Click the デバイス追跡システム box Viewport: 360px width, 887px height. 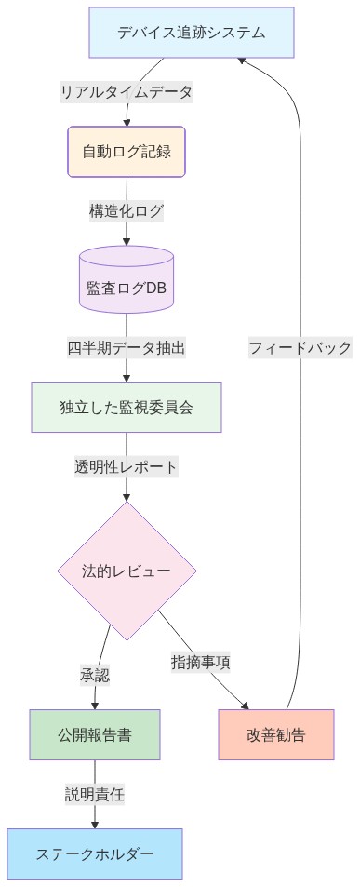pos(192,33)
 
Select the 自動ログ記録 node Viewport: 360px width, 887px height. pos(127,151)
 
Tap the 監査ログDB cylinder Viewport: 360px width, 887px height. pos(127,288)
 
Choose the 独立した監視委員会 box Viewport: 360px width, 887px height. pos(127,407)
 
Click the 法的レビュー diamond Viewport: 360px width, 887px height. pos(127,571)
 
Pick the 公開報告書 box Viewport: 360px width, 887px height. pos(94,734)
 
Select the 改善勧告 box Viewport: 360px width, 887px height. pos(276,734)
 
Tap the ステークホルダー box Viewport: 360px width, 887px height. pos(94,853)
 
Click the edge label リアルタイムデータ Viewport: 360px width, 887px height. pos(127,92)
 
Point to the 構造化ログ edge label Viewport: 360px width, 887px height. pos(127,210)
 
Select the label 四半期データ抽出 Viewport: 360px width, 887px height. pos(127,347)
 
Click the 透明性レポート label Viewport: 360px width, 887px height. pos(127,466)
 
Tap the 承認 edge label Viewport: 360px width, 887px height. pos(95,675)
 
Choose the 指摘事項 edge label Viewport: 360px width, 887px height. pos(201,663)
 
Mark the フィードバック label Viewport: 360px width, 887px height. pos(300,347)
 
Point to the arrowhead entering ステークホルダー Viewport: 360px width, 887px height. pos(94,823)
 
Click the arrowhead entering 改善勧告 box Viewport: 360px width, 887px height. pos(247,705)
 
